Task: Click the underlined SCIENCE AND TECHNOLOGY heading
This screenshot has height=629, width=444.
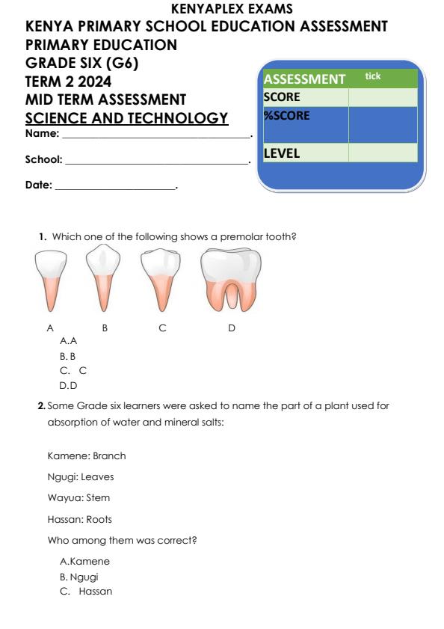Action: [x=126, y=118]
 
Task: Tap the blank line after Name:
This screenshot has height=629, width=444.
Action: [x=156, y=135]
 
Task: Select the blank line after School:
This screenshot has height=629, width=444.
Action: [x=157, y=161]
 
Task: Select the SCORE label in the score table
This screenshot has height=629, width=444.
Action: [x=282, y=97]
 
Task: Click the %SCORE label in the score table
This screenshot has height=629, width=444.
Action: [x=286, y=116]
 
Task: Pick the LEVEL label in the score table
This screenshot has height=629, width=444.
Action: [x=282, y=153]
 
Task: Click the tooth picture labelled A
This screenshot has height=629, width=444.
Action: [x=51, y=281]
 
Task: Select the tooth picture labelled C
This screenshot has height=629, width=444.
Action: [x=159, y=280]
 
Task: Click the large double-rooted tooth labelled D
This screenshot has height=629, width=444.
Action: [x=231, y=280]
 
